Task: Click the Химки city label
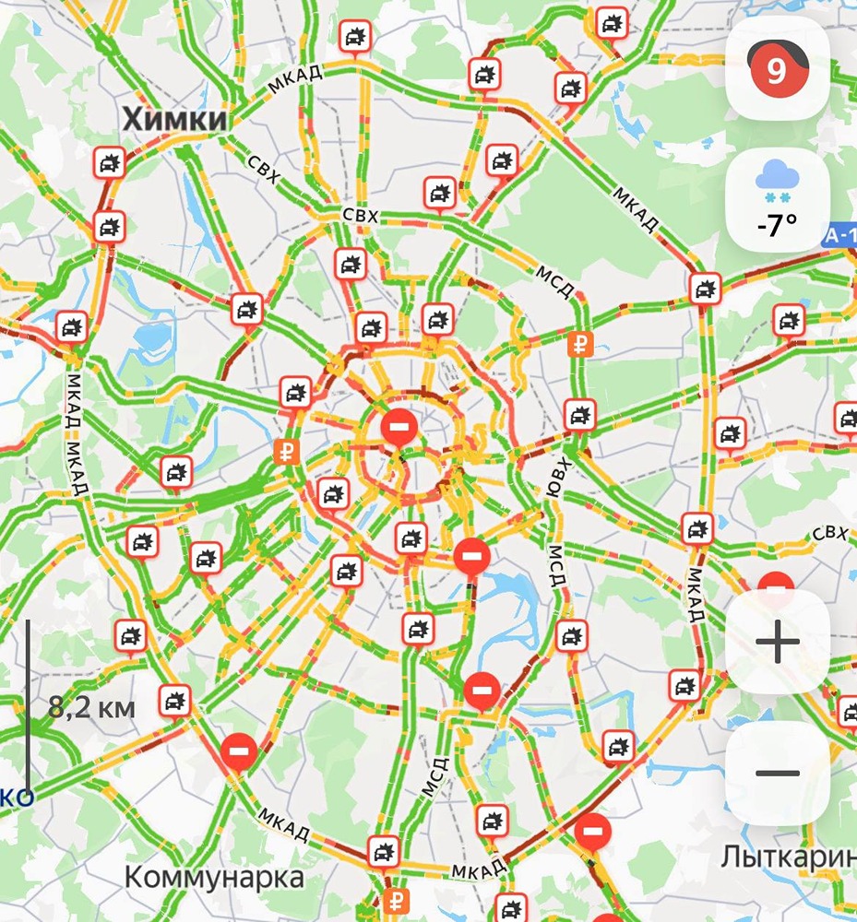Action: pos(174,119)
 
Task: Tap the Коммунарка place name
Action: pos(214,875)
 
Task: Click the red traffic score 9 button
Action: pos(777,69)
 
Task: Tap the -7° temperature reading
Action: pos(777,224)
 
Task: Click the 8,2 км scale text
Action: pos(91,708)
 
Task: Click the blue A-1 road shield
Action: pos(840,237)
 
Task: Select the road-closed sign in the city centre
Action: pos(399,427)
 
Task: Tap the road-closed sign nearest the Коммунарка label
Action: pos(238,751)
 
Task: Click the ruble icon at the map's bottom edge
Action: pos(399,900)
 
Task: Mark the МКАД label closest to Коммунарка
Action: pos(283,824)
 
